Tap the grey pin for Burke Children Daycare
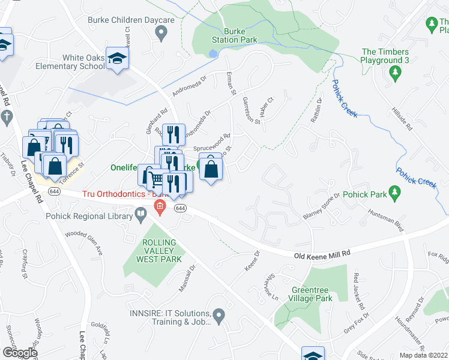click(160, 35)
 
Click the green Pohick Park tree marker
click(394, 194)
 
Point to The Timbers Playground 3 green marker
click(394, 74)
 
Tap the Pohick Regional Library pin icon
click(140, 213)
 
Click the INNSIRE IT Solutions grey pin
click(219, 314)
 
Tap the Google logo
click(19, 353)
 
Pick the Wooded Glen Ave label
click(85, 243)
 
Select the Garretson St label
click(251, 110)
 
